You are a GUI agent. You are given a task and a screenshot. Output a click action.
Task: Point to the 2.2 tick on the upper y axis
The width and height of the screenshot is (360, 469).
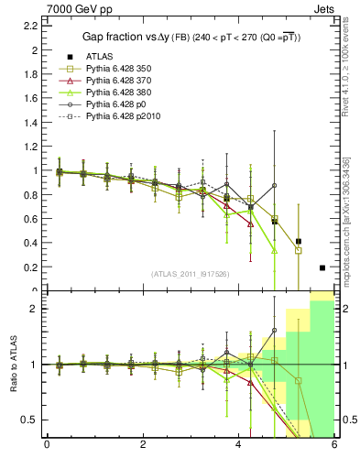30,25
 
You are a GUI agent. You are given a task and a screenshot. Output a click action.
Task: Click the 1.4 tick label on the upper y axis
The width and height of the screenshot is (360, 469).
30,122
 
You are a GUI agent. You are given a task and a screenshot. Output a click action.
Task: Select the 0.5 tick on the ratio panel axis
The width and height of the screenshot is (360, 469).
28,420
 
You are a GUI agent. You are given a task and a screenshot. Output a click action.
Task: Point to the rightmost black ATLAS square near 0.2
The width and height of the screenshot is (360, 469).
322,267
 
